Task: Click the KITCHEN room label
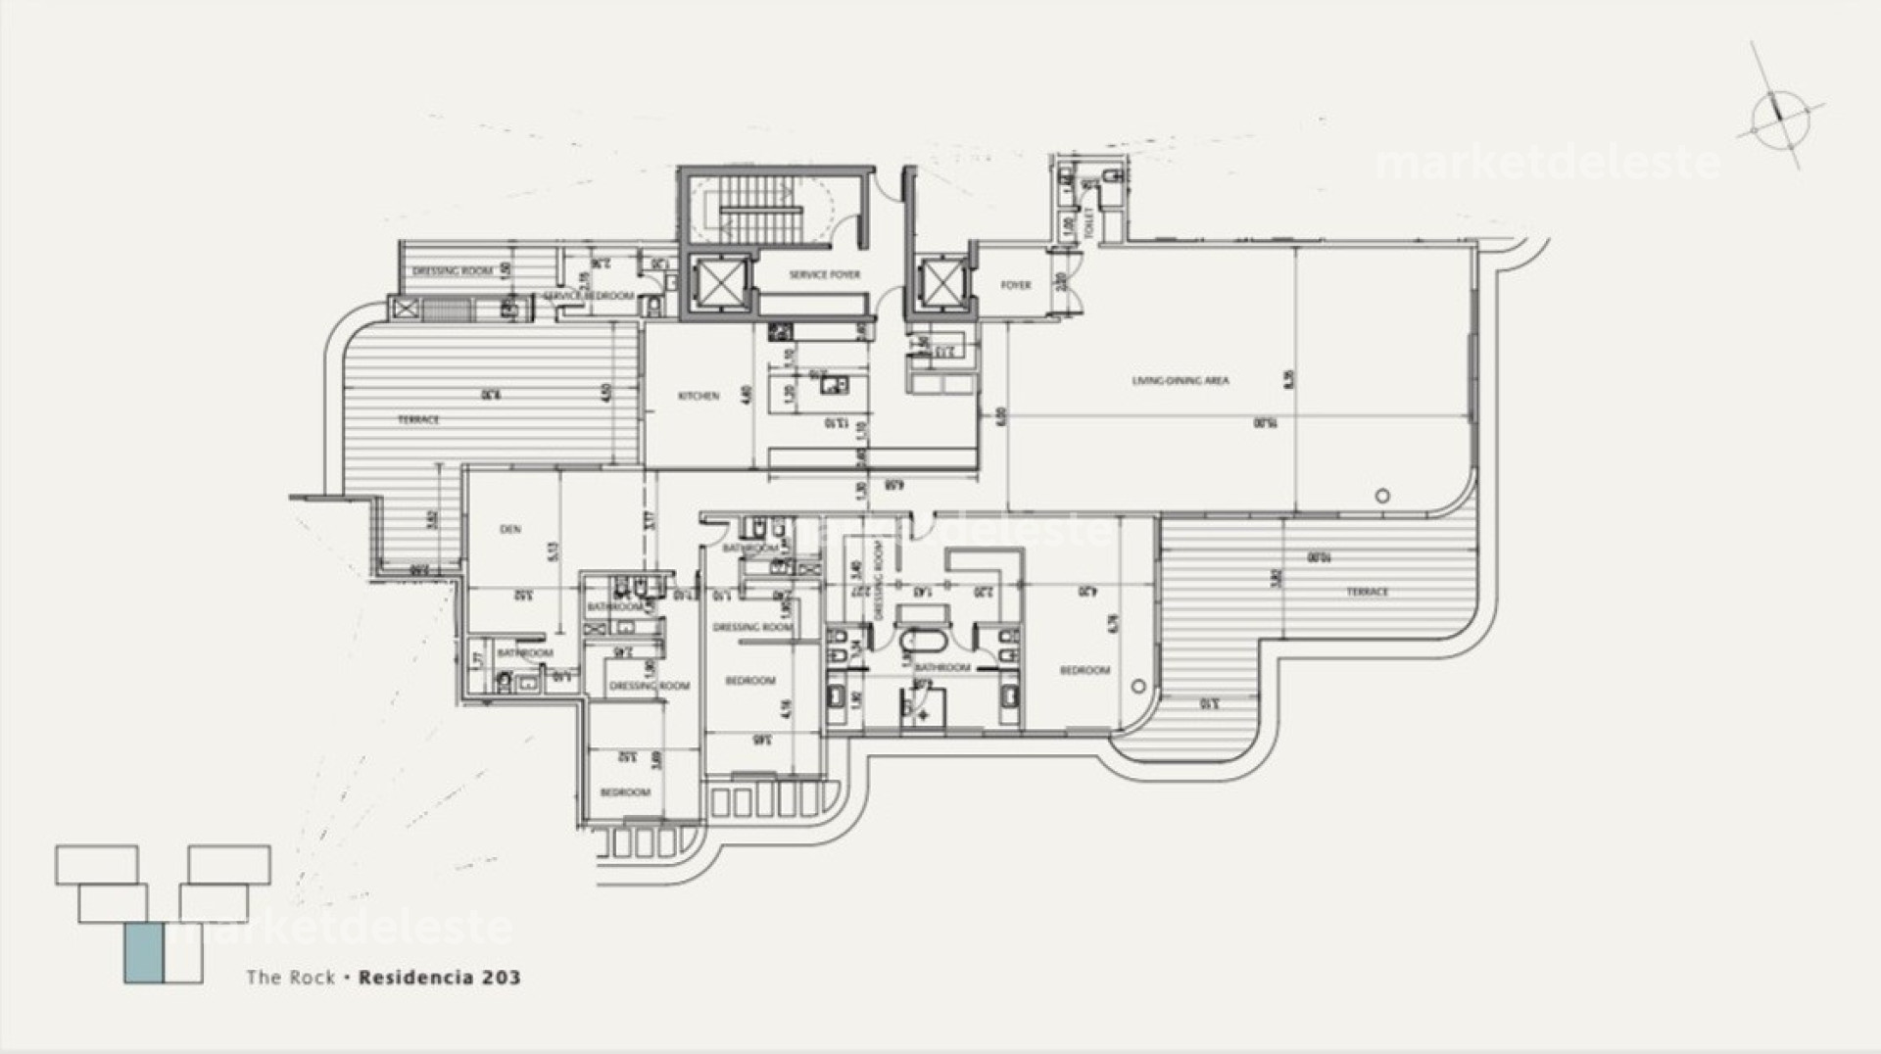[699, 396]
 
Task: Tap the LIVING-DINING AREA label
[1181, 380]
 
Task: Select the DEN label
[510, 529]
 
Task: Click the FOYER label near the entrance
[1015, 285]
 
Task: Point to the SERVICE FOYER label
[824, 275]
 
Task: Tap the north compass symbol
[1779, 120]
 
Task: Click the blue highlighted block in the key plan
[143, 952]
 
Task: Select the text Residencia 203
[440, 977]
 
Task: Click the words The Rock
[290, 977]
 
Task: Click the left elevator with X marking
[719, 284]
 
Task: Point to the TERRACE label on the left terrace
[418, 419]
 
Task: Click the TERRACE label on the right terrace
[1367, 592]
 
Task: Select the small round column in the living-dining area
[1382, 496]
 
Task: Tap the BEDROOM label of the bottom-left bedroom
[624, 791]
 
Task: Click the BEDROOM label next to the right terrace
[1085, 670]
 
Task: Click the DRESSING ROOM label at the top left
[452, 271]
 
